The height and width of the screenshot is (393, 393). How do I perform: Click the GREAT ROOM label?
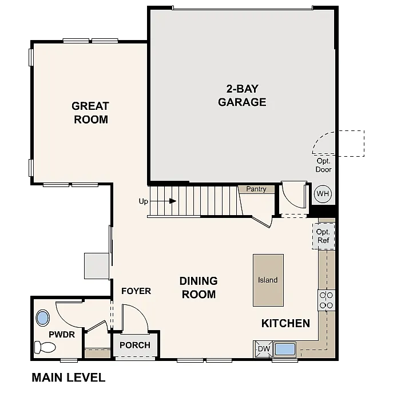pyautogui.click(x=90, y=113)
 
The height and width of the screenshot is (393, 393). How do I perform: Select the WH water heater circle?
pyautogui.click(x=323, y=194)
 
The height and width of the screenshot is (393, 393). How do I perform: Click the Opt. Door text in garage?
pyautogui.click(x=324, y=165)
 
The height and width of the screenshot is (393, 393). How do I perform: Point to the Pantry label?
pyautogui.click(x=256, y=189)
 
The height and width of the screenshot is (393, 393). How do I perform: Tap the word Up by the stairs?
pyautogui.click(x=144, y=201)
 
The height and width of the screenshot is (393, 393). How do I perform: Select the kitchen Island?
pyautogui.click(x=268, y=280)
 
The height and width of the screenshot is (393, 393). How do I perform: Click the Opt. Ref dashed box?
pyautogui.click(x=323, y=236)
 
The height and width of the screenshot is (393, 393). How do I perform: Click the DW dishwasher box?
pyautogui.click(x=263, y=349)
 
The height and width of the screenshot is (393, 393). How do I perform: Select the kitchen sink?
pyautogui.click(x=284, y=348)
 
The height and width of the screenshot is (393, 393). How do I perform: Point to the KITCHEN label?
pyautogui.click(x=285, y=323)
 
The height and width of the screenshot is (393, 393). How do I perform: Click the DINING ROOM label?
pyautogui.click(x=199, y=288)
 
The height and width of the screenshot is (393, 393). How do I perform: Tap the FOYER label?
pyautogui.click(x=136, y=291)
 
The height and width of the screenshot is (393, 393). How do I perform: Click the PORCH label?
pyautogui.click(x=135, y=345)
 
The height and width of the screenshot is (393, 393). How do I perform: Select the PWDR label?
pyautogui.click(x=62, y=334)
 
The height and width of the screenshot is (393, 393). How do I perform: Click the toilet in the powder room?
pyautogui.click(x=45, y=347)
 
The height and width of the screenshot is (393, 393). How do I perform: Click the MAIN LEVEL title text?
pyautogui.click(x=69, y=378)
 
